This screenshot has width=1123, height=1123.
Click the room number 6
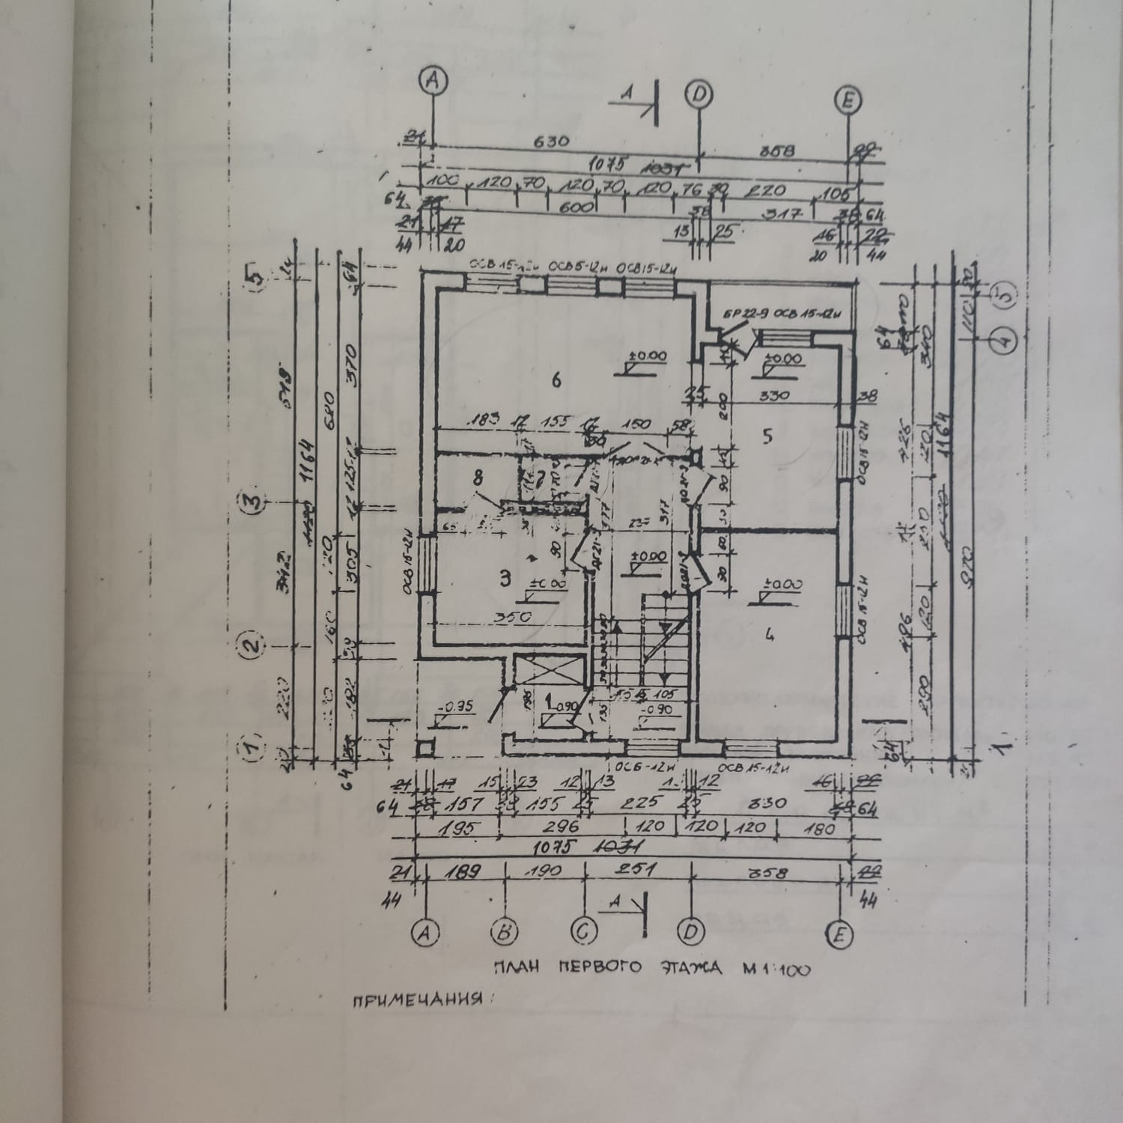pyautogui.click(x=556, y=380)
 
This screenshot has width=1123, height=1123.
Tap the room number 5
pyautogui.click(x=767, y=436)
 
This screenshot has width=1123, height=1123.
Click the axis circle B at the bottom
pyautogui.click(x=505, y=932)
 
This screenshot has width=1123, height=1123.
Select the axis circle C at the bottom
pyautogui.click(x=583, y=932)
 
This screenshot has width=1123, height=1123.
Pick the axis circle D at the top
pyautogui.click(x=699, y=94)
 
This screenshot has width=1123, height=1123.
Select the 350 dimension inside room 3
pyautogui.click(x=512, y=618)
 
